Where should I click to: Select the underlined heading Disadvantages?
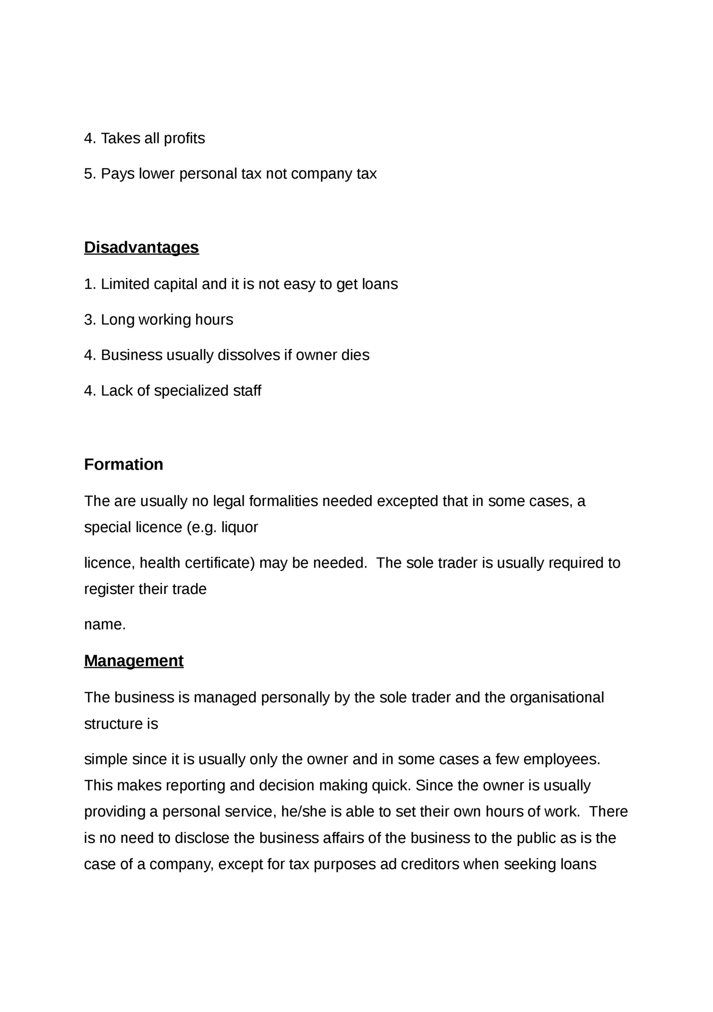point(141,248)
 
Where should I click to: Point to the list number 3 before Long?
point(88,319)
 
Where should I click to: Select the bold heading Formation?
point(123,465)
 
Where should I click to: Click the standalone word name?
point(104,625)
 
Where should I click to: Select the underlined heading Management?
point(134,661)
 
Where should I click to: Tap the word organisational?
point(557,697)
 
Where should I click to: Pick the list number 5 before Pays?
point(88,174)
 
